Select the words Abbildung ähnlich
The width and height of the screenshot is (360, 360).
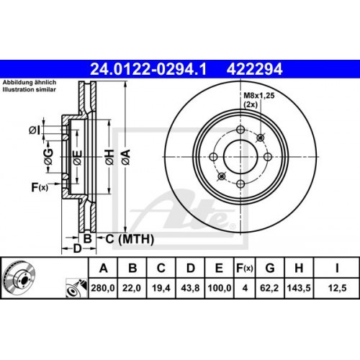24,84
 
